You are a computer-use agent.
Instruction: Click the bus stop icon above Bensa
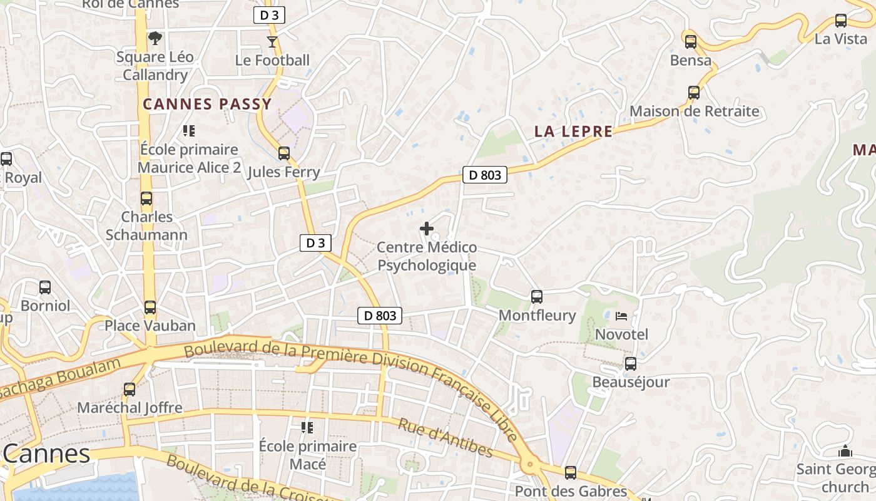click(690, 42)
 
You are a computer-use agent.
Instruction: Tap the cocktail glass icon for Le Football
click(272, 42)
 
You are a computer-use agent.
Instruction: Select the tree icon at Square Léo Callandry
click(155, 38)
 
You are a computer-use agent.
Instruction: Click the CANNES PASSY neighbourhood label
click(207, 104)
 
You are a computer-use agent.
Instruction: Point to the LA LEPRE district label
click(573, 132)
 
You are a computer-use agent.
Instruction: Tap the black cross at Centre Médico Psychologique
click(427, 229)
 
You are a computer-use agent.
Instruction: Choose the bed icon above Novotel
click(621, 316)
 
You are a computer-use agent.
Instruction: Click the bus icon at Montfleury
click(536, 297)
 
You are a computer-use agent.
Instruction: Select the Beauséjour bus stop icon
click(630, 364)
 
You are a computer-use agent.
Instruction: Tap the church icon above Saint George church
click(845, 451)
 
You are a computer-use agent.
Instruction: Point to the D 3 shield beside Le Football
click(269, 16)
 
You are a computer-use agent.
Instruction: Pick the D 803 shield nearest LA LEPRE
click(484, 175)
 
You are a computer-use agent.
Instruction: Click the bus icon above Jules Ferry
click(283, 153)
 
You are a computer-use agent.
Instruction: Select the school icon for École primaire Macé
click(307, 428)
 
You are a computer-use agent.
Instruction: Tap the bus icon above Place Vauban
click(150, 307)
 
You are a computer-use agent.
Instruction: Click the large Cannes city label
click(47, 454)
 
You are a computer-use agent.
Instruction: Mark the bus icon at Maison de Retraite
click(693, 93)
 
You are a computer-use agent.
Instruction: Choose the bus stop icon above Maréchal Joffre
click(129, 390)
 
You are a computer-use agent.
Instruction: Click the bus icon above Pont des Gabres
click(570, 473)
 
